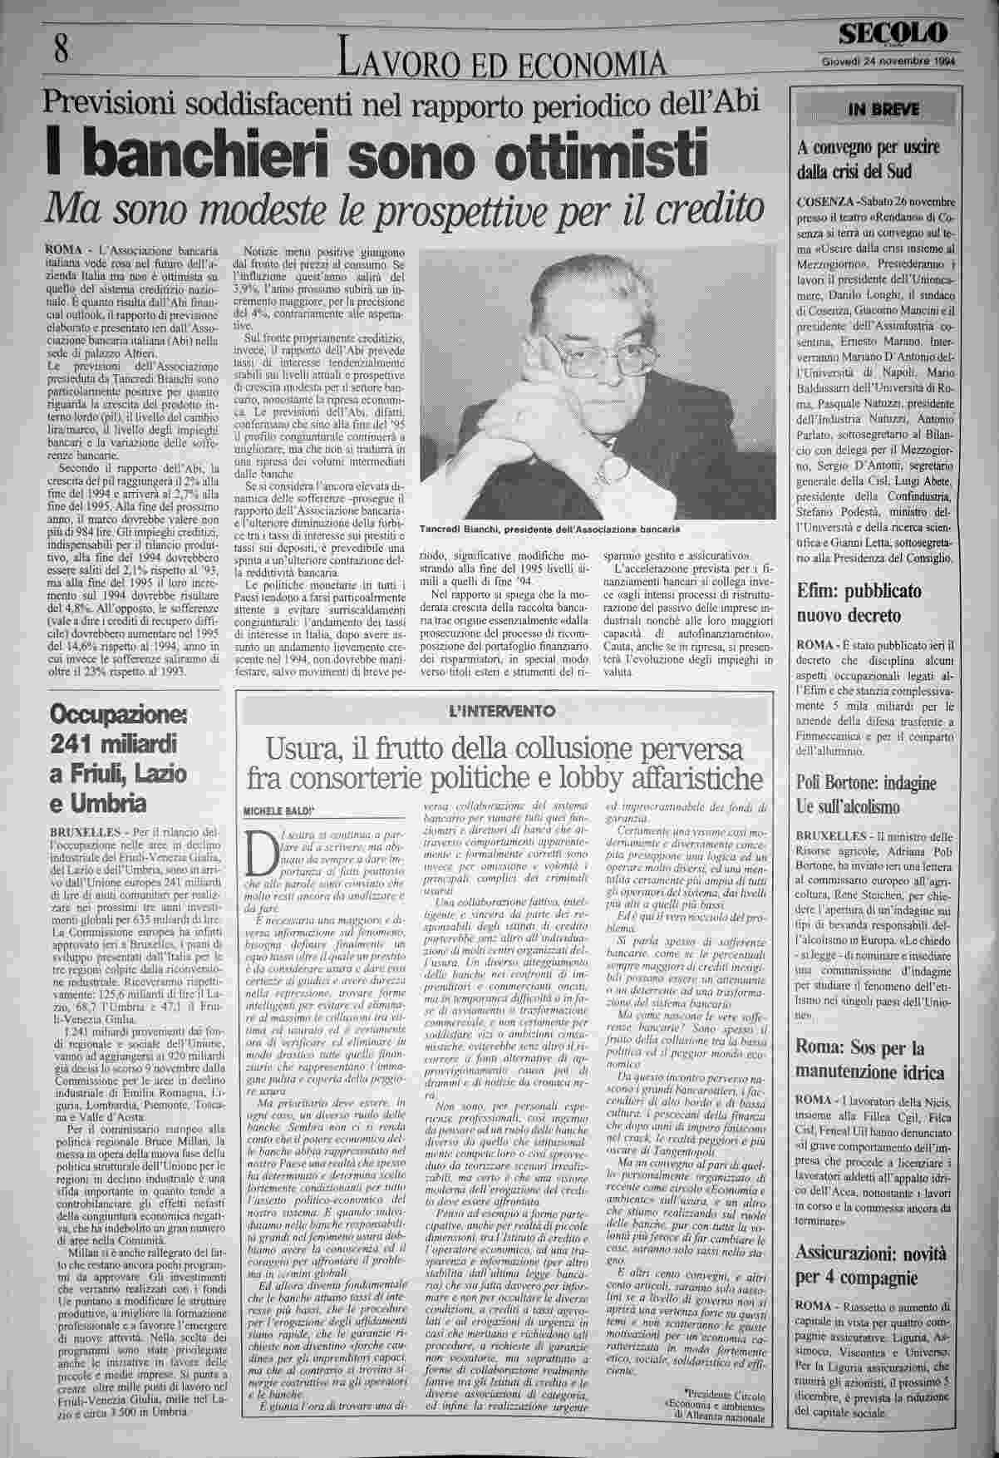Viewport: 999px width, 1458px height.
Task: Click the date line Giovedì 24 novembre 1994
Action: [887, 61]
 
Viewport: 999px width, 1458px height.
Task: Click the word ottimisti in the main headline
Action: [580, 153]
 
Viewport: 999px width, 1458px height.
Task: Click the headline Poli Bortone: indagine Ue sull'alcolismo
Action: [866, 794]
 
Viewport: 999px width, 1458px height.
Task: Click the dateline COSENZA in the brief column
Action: [826, 202]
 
